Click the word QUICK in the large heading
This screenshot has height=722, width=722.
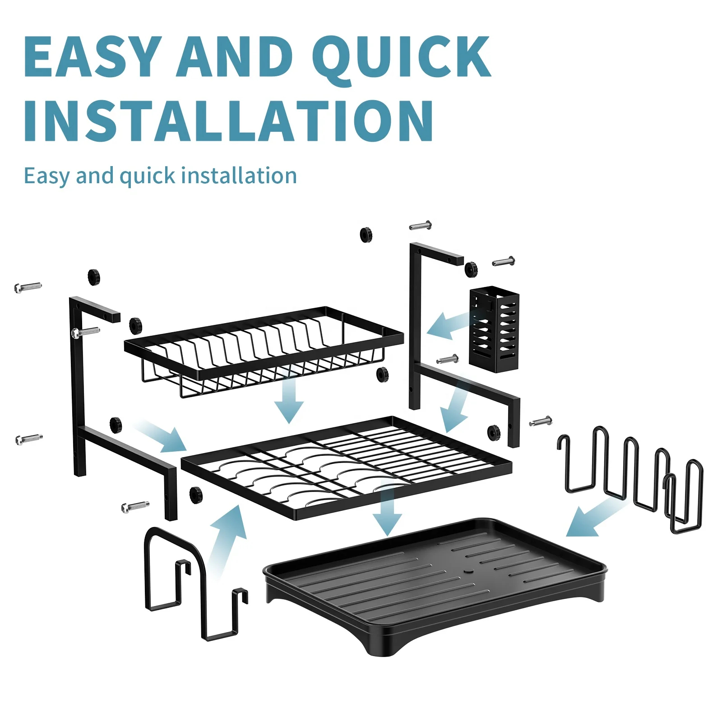401,59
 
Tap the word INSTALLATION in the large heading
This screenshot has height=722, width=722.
229,121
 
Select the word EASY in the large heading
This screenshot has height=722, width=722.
93,56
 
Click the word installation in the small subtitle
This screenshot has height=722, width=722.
241,176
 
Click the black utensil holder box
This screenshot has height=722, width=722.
494,329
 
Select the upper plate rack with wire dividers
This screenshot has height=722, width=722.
264,352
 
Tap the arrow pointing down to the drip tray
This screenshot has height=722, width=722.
387,510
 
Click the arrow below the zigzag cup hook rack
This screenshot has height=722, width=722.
596,519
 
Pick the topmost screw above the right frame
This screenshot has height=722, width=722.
421,225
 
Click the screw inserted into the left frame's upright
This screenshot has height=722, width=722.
85,332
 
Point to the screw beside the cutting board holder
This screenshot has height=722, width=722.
135,506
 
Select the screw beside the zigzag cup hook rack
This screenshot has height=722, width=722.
541,421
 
